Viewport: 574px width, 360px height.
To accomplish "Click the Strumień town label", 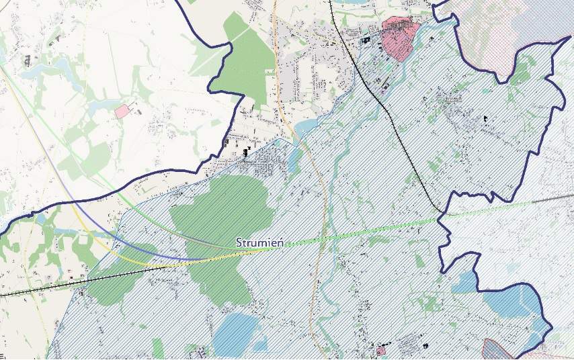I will point(259,242).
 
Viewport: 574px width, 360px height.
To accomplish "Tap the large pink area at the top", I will point(399,38).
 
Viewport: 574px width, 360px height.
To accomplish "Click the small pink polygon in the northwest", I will point(123,111).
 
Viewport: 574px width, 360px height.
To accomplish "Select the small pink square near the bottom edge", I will point(381,350).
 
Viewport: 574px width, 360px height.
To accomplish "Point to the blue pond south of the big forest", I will point(235,334).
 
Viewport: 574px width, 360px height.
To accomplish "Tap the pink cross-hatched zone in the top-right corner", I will point(484,27).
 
